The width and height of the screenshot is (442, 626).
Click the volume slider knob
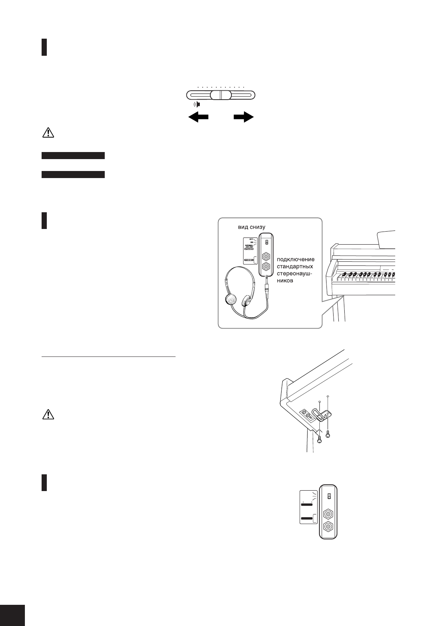point(220,95)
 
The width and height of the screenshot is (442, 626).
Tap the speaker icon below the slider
point(197,104)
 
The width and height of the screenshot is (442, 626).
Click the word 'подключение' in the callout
point(295,259)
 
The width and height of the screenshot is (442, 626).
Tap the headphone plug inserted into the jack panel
point(267,286)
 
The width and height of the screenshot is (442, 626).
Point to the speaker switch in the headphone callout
point(266,242)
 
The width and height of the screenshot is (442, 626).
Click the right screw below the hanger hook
point(328,434)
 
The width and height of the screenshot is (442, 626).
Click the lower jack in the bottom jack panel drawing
point(328,527)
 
